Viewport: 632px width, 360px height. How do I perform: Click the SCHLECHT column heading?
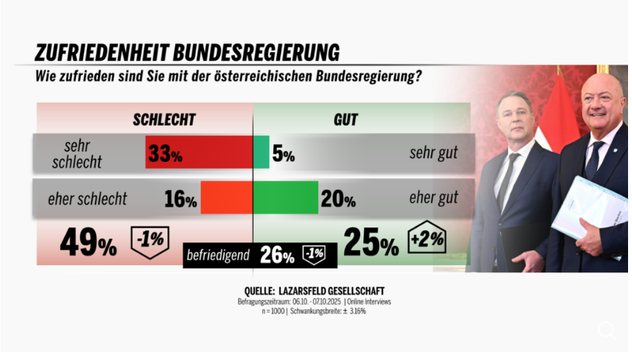[x=164, y=120]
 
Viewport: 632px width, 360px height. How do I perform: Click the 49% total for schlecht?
[x=88, y=243]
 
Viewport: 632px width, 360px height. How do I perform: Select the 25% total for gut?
[x=371, y=243]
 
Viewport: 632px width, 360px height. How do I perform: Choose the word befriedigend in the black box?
[x=217, y=255]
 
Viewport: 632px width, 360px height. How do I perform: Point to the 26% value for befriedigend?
[x=276, y=255]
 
